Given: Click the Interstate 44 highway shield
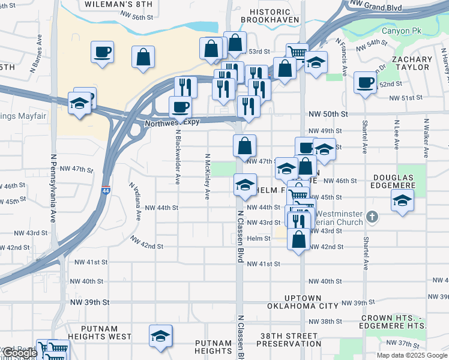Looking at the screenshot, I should click(x=106, y=173).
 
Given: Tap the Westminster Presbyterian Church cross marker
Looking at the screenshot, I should click(x=372, y=216).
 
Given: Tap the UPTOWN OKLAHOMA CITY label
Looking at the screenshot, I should click(x=303, y=302).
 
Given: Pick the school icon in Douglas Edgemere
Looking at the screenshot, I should click(x=402, y=201).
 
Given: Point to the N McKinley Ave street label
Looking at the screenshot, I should click(x=208, y=176).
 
